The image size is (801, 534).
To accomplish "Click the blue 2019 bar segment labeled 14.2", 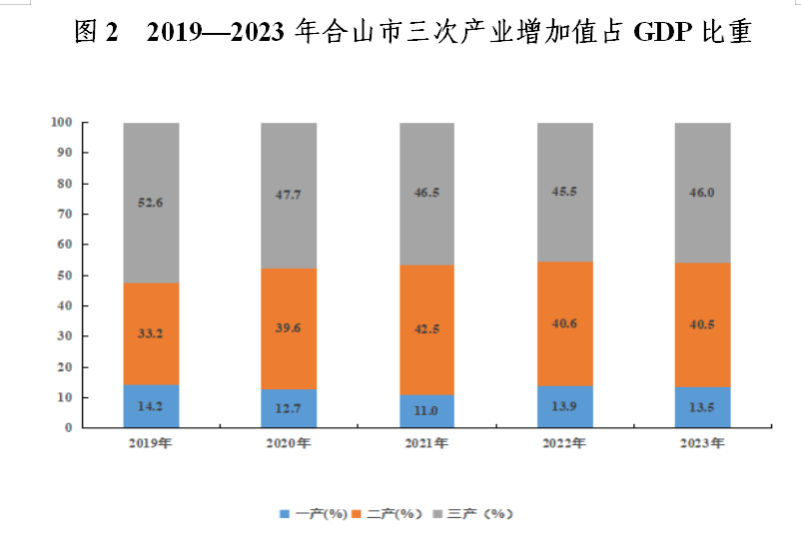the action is (151, 406).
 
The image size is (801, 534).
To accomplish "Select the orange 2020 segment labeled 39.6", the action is (289, 328).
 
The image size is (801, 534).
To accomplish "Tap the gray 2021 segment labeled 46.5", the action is (426, 194).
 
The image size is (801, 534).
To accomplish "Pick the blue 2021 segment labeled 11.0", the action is (426, 411).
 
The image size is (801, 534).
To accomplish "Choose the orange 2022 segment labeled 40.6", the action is (565, 323).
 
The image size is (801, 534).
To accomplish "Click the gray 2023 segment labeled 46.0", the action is (702, 193).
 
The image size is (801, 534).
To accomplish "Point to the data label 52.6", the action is (150, 203).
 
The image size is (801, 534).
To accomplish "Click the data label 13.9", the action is (564, 406).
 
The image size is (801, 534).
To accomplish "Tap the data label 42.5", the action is (426, 328).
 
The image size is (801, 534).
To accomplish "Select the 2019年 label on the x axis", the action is (150, 443).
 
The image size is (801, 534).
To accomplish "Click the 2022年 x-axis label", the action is (564, 443).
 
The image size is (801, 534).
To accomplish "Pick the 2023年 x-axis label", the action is (702, 443).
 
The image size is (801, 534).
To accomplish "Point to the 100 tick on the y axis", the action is (61, 122).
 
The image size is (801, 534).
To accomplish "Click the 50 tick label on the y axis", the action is (64, 275).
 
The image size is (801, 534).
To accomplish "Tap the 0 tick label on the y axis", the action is (69, 428).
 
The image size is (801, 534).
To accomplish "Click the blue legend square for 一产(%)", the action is (285, 514).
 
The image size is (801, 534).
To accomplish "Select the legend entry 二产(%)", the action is (389, 514).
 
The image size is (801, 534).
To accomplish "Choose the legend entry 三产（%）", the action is (473, 514).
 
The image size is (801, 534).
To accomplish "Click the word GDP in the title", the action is (662, 32).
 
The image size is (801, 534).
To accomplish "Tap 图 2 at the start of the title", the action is (96, 32).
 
